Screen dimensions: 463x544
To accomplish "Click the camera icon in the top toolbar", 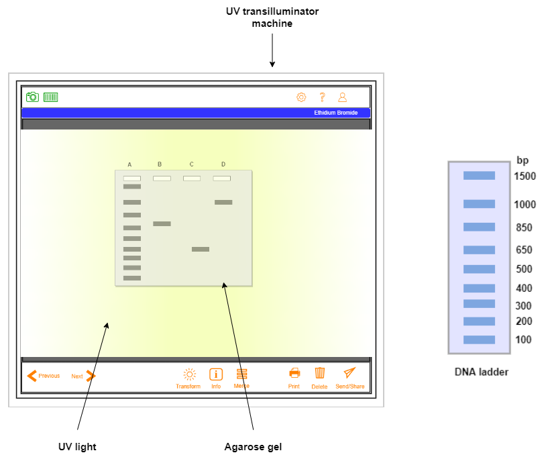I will pyautogui.click(x=32, y=97).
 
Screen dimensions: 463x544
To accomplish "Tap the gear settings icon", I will pyautogui.click(x=301, y=97).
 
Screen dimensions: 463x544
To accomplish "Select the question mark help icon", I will pyautogui.click(x=322, y=97).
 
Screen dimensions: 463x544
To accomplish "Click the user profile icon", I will pyautogui.click(x=342, y=97).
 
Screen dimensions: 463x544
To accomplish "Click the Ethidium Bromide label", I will pyautogui.click(x=335, y=113).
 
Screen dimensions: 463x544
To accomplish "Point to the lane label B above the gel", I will pyautogui.click(x=160, y=164).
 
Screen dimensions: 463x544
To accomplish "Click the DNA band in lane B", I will pyautogui.click(x=162, y=223).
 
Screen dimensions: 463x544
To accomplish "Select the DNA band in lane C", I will pyautogui.click(x=201, y=249).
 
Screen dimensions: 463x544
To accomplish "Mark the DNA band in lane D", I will pyautogui.click(x=223, y=202).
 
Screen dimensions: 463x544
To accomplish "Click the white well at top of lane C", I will pyautogui.click(x=192, y=178).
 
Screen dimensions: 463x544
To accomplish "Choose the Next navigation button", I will pyautogui.click(x=84, y=376).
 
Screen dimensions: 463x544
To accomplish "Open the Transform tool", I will pyautogui.click(x=188, y=378).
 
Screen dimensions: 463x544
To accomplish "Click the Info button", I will pyautogui.click(x=216, y=378).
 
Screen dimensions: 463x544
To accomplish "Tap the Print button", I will pyautogui.click(x=294, y=378).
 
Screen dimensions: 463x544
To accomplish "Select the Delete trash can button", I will pyautogui.click(x=320, y=378).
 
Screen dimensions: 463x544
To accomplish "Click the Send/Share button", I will pyautogui.click(x=349, y=378).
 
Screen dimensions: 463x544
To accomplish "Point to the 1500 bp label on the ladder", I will pyautogui.click(x=525, y=176).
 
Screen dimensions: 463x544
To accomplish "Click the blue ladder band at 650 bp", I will pyautogui.click(x=479, y=250).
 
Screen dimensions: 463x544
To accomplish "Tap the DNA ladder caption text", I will pyautogui.click(x=481, y=372).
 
